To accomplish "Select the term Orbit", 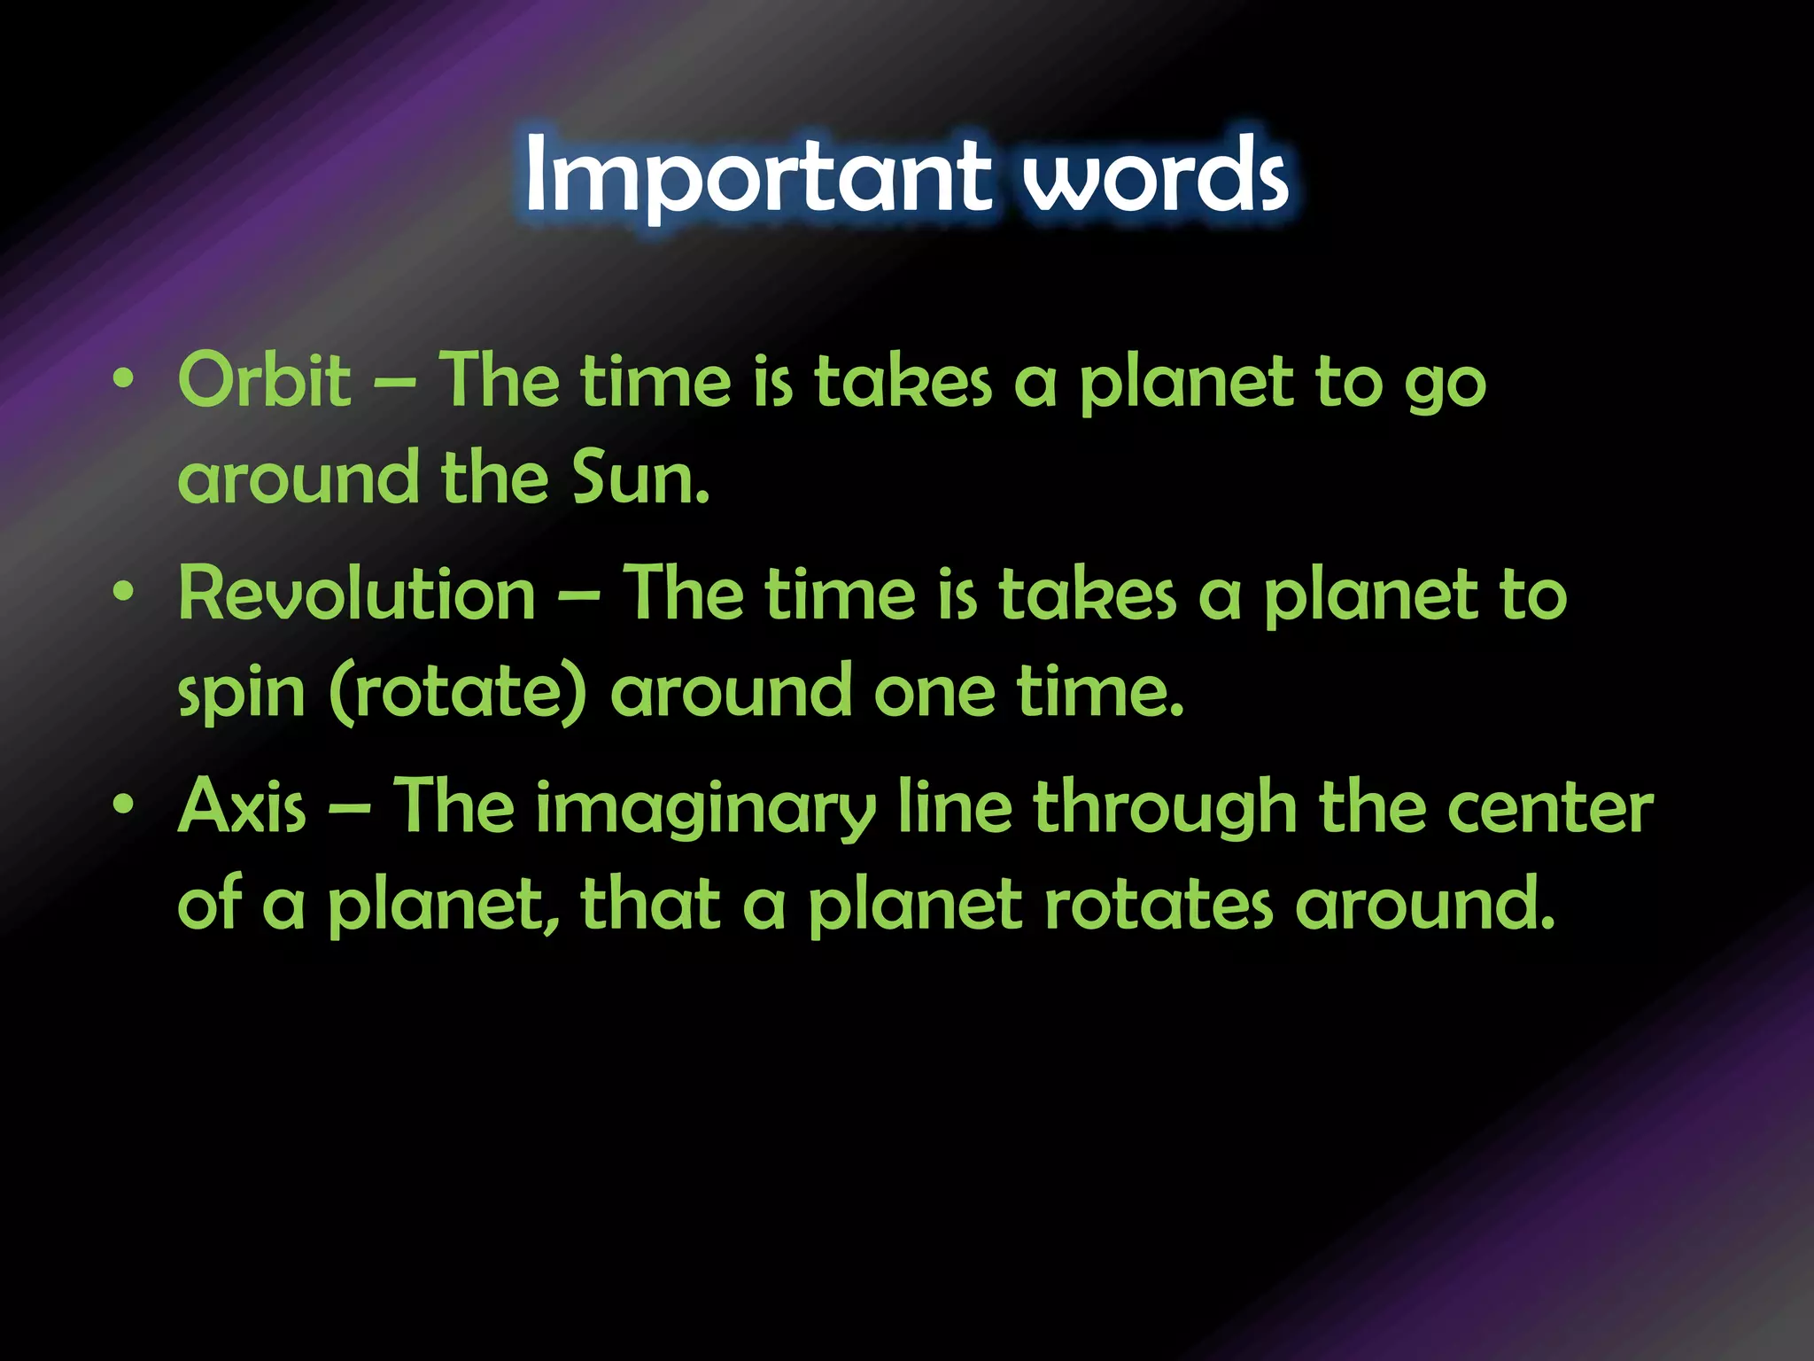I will point(264,381).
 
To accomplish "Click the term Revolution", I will point(357,594).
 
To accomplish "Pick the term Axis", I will point(242,806).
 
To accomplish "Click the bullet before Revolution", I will point(124,592).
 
